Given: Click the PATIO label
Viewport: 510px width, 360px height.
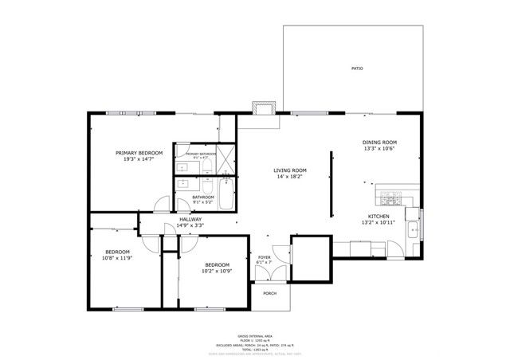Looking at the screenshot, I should [x=357, y=68].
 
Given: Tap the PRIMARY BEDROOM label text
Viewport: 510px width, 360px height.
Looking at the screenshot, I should [x=139, y=152].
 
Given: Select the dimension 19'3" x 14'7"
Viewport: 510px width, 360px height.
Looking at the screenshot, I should [x=139, y=159].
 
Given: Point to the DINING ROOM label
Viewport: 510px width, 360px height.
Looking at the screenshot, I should [x=379, y=143].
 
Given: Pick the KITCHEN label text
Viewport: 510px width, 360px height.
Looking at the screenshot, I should [x=378, y=217].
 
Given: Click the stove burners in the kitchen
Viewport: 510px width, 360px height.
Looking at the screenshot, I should [x=389, y=197].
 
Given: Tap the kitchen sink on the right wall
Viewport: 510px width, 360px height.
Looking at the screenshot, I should [x=412, y=230].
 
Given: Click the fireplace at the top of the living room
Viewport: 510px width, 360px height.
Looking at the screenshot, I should [x=262, y=108].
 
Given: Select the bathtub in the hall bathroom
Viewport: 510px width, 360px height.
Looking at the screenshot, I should [x=226, y=194].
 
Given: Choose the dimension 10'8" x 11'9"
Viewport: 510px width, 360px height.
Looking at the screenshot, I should [x=116, y=258].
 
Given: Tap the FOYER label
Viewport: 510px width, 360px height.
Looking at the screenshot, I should [x=265, y=258].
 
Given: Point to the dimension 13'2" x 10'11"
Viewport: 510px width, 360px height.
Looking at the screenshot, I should [x=378, y=224].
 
